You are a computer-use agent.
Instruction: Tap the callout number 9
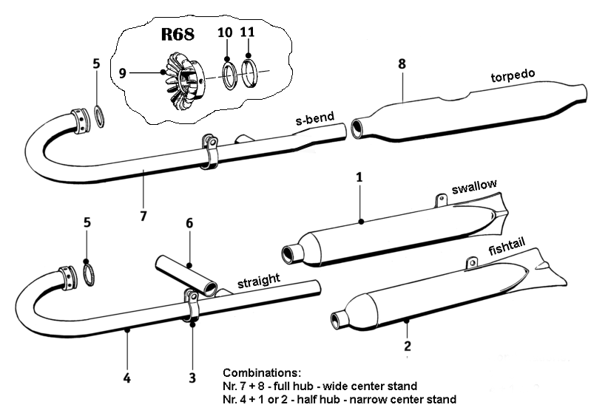coord(123,72)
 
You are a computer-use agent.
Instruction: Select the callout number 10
coord(225,33)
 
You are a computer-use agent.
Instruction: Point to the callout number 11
coord(248,33)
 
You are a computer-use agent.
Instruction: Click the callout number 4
coord(127,378)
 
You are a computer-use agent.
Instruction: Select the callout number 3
coord(192,378)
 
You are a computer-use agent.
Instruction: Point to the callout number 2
coord(407,345)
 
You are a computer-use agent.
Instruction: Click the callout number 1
coord(359,178)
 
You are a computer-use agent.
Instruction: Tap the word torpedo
coord(512,78)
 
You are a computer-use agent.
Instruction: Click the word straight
coord(258,281)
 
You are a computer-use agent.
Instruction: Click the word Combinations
coord(261,372)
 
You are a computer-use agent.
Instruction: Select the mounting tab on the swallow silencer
coord(442,199)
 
